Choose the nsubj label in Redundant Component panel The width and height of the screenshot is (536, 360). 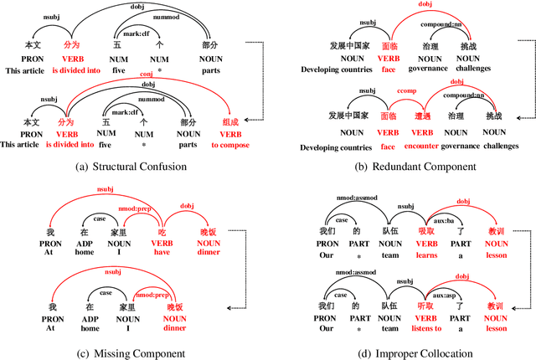click(x=367, y=23)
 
